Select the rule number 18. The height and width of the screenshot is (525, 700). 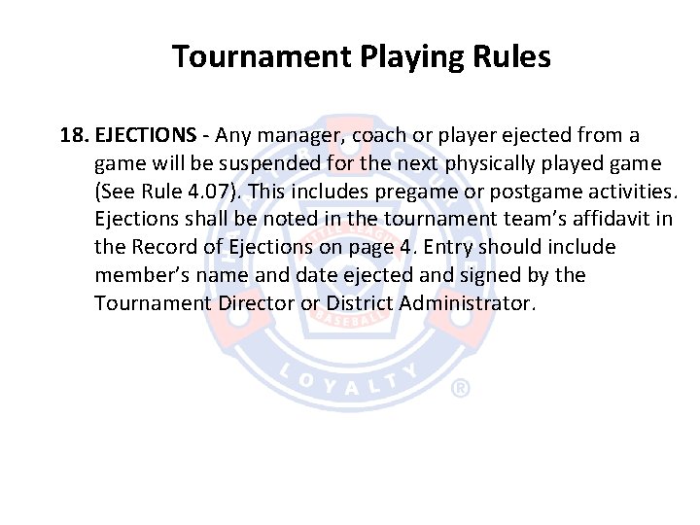tap(74, 134)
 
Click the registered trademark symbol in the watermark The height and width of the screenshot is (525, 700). tap(461, 389)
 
